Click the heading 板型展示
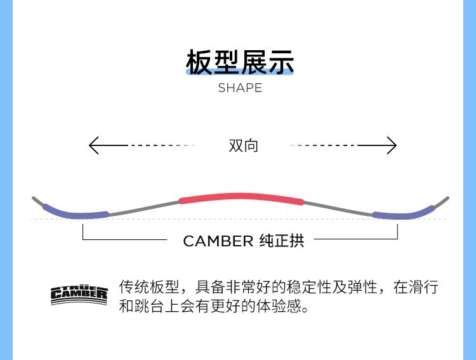(240, 62)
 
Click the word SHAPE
(240, 88)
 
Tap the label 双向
(244, 145)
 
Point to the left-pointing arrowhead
(93, 145)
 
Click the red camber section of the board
(241, 196)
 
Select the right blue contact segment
(402, 214)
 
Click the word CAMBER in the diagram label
(218, 241)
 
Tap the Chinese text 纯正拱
(282, 241)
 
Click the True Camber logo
(79, 295)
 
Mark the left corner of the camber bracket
(83, 239)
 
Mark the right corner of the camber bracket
(398, 239)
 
